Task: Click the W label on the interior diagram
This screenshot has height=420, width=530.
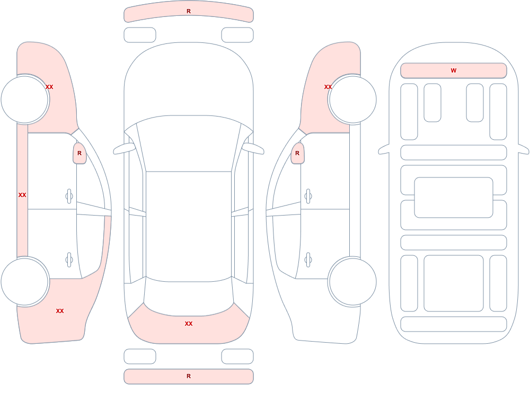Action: (453, 70)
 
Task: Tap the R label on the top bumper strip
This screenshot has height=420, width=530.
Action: (189, 11)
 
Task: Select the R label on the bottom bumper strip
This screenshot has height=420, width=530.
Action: (189, 376)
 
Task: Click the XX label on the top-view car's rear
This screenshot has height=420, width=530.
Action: (189, 324)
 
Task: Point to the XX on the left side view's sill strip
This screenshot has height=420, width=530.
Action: (22, 195)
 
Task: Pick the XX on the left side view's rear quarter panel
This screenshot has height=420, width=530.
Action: (60, 311)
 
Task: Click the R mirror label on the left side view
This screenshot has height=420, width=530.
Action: (79, 153)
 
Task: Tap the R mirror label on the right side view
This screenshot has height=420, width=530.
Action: (297, 153)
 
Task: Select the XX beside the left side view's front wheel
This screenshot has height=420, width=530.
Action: (49, 87)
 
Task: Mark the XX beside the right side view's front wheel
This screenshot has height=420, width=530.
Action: (328, 87)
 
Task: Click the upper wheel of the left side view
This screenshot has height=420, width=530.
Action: (24, 100)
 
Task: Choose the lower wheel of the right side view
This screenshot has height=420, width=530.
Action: (352, 282)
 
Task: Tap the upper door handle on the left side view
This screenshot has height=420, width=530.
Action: (69, 196)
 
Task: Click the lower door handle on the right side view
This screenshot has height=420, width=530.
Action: (308, 260)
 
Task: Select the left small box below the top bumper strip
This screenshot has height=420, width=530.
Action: (140, 35)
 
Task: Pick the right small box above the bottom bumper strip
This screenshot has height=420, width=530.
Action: (237, 356)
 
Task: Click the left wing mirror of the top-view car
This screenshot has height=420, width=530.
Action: (123, 149)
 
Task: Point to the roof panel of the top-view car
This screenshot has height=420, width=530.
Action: (189, 226)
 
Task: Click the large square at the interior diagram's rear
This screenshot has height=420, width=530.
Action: (453, 283)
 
